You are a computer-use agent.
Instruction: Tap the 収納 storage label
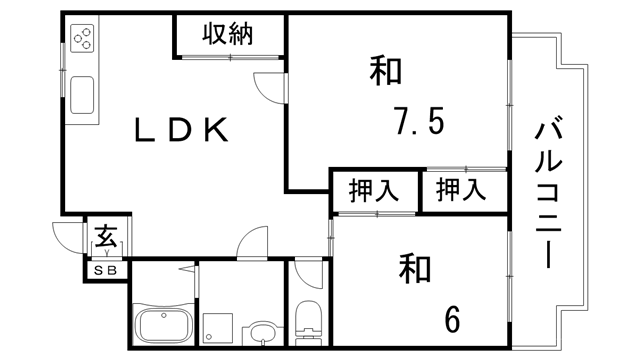click(x=227, y=34)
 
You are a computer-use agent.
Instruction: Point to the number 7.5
click(x=418, y=125)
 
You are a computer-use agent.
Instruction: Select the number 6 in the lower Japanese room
click(x=452, y=319)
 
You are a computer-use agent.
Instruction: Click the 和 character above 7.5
click(x=387, y=72)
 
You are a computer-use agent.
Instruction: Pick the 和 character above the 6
click(x=416, y=268)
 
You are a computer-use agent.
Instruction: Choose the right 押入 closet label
click(x=461, y=189)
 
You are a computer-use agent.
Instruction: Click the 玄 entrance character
click(x=105, y=238)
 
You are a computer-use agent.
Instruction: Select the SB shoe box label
click(x=105, y=270)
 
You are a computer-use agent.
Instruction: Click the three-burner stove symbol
click(x=83, y=39)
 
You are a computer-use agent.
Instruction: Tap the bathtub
click(x=161, y=325)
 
